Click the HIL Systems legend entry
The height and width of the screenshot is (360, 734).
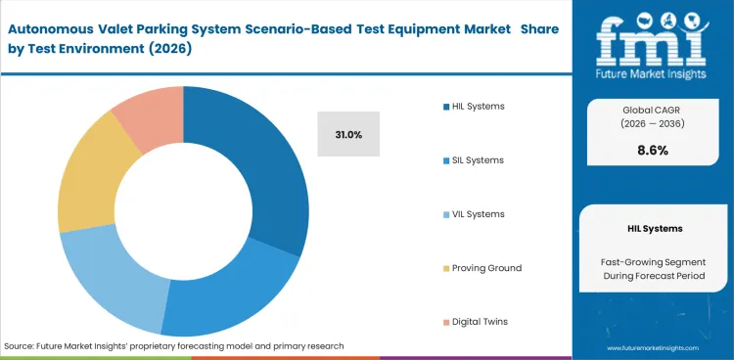pyautogui.click(x=479, y=107)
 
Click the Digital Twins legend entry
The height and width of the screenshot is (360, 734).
pyautogui.click(x=479, y=322)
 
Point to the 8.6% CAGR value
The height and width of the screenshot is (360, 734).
pyautogui.click(x=653, y=151)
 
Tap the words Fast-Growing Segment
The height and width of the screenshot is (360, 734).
pyautogui.click(x=653, y=261)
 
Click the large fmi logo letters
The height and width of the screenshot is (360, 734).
pyautogui.click(x=653, y=36)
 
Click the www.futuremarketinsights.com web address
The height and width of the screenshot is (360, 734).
pyautogui.click(x=655, y=347)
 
